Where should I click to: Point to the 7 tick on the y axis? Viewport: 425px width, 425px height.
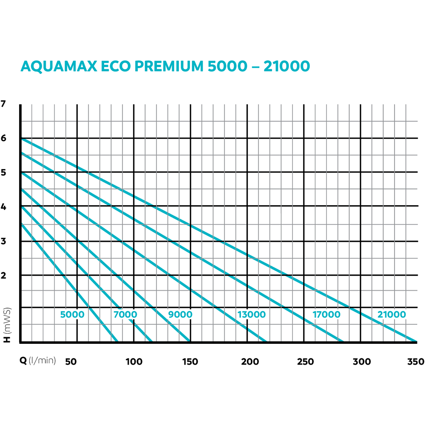pos(4,104)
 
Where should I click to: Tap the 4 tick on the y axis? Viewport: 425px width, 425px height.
pos(4,207)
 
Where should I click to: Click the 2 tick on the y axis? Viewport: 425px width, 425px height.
pos(4,275)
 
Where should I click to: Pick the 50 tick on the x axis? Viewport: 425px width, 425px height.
pos(71,362)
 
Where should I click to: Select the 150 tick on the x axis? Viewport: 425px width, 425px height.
pos(190,362)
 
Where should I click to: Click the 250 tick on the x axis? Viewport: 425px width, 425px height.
pos(305,362)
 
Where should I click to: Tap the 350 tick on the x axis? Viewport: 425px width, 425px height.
pos(415,362)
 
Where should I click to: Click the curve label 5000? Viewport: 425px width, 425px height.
pos(72,315)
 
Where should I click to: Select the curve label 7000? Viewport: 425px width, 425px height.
pos(125,315)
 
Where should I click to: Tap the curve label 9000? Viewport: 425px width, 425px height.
pos(180,315)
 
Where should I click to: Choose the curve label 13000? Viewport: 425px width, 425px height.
pos(252,315)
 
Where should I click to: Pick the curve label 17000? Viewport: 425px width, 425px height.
pos(326,315)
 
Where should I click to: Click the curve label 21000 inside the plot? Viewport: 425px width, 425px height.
pos(391,315)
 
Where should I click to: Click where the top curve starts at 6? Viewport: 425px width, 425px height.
pos(21,138)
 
